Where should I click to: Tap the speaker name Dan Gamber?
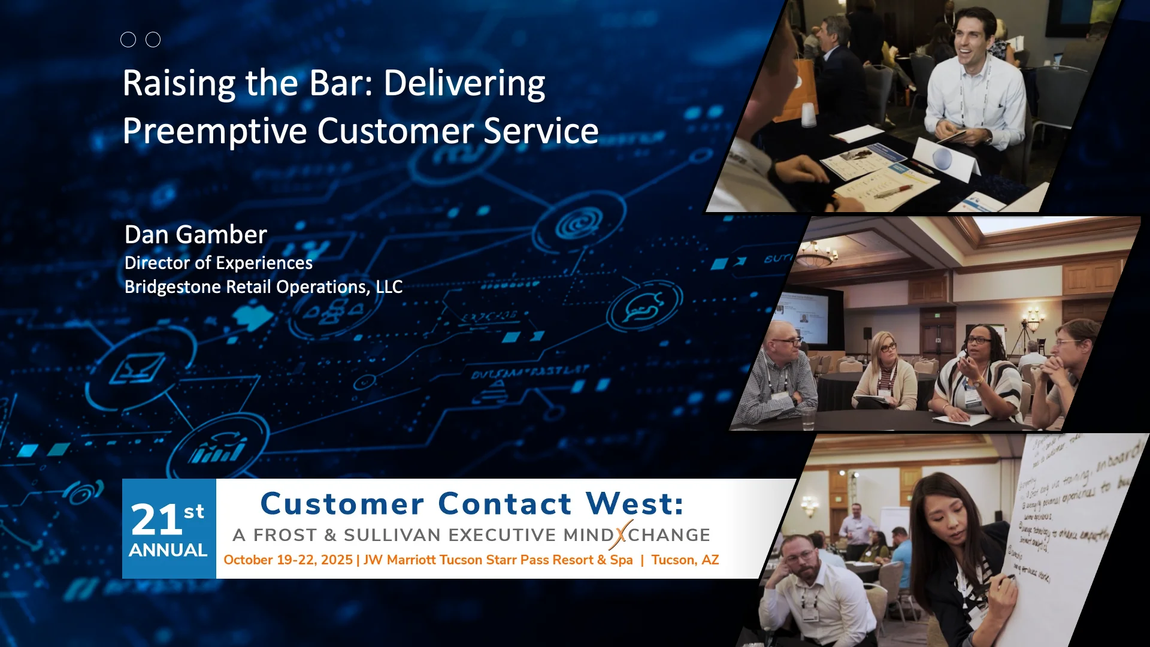point(195,234)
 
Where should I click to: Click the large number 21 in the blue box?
point(156,519)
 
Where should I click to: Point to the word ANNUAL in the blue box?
point(168,550)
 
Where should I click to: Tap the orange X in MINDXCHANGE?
point(621,534)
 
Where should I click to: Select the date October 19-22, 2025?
point(287,560)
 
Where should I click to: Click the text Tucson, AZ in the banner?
point(685,560)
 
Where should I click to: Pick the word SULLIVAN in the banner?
point(392,534)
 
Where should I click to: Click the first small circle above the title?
point(128,40)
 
